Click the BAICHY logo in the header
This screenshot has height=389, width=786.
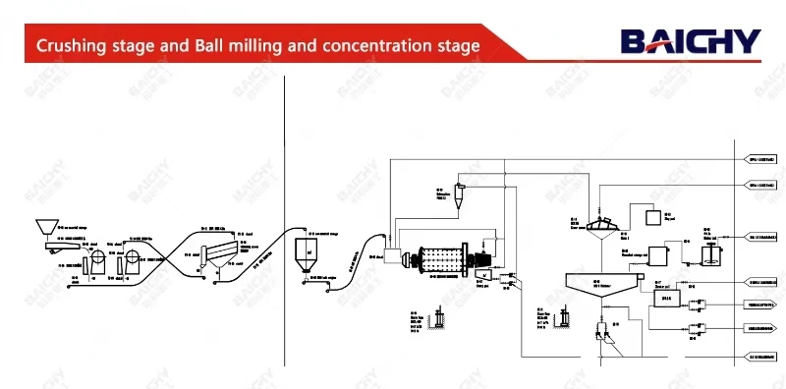(x=690, y=40)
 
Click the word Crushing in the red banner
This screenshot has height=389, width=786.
(x=71, y=46)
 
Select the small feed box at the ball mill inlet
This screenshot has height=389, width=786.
(x=397, y=257)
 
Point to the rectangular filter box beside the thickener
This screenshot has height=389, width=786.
(x=666, y=297)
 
